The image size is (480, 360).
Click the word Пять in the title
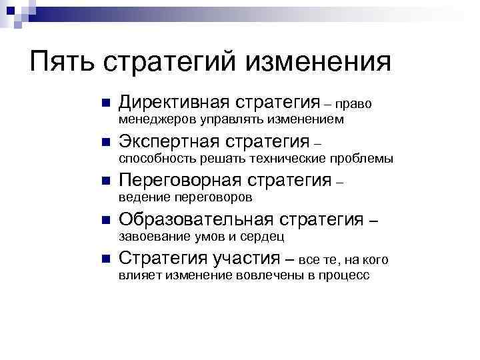click(62, 63)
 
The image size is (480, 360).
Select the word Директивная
click(172, 103)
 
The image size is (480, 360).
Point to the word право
click(353, 104)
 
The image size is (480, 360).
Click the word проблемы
click(363, 159)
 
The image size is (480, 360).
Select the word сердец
click(267, 236)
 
